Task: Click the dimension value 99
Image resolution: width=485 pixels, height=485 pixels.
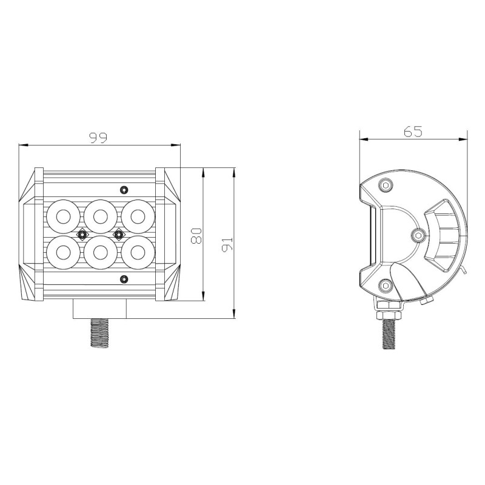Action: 98,138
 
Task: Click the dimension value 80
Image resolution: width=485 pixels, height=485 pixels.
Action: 196,236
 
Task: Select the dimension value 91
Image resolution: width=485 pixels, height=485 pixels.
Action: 227,244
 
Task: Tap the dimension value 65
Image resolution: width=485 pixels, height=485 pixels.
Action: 413,132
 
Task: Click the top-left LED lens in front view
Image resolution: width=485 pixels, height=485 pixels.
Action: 64,216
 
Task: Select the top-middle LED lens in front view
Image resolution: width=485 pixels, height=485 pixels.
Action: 101,216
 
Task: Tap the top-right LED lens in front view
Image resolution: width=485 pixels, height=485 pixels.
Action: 138,216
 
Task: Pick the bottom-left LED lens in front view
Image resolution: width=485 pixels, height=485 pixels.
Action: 64,253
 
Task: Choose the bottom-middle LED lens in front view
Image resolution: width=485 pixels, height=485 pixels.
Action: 101,253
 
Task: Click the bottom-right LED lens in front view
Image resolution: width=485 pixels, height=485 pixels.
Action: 138,253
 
